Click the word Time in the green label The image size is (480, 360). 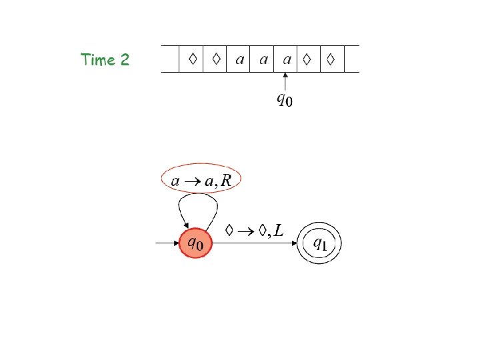tap(97, 60)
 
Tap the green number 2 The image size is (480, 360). tap(124, 60)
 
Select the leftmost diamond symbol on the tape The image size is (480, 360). tap(192, 59)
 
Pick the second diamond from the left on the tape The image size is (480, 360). tap(216, 59)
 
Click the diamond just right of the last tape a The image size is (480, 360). tap(307, 59)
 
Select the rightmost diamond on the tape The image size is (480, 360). tap(330, 59)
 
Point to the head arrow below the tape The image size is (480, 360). tap(285, 83)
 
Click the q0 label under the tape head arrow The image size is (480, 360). tap(285, 101)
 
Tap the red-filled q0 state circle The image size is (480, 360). tap(195, 243)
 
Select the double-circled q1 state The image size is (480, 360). tap(319, 243)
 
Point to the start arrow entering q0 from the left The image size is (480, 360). tap(167, 243)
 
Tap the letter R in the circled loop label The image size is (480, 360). tap(227, 180)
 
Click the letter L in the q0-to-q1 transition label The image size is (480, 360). tap(277, 231)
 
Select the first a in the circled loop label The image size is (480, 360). tap(175, 181)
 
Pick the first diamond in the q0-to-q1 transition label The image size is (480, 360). tap(229, 231)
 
